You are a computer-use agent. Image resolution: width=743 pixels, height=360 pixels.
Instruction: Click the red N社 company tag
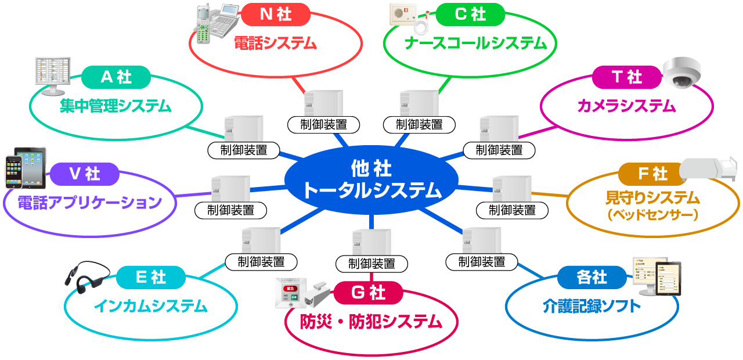tap(275, 15)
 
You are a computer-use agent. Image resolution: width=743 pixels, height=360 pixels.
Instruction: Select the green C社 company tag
tap(470, 15)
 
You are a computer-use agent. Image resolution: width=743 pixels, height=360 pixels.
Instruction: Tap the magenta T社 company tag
tap(626, 77)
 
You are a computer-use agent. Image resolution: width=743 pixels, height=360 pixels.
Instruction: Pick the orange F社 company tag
tap(652, 174)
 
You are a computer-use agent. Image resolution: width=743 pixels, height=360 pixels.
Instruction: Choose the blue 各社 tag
tap(591, 278)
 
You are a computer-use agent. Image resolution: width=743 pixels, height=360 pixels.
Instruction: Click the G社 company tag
tap(368, 293)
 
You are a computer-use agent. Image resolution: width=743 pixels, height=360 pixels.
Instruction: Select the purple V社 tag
tap(84, 174)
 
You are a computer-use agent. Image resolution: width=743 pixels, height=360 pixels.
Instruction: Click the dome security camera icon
tap(682, 72)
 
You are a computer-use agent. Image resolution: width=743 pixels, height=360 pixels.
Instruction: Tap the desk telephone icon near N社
tap(217, 24)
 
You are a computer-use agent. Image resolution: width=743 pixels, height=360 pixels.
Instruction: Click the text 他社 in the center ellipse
tap(371, 169)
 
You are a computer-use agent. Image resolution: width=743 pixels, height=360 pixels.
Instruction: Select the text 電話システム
tap(275, 43)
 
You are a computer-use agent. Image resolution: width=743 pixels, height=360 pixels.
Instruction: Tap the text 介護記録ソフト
tap(591, 306)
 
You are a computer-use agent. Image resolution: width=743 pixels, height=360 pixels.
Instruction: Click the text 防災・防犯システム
tap(371, 321)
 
